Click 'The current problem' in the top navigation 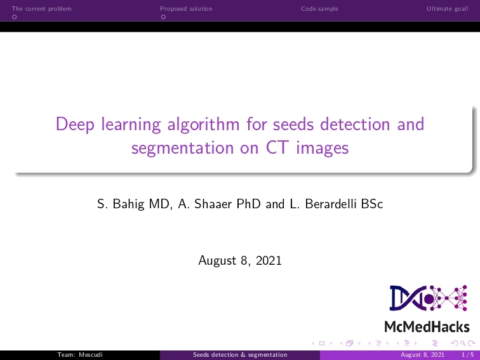[42, 9]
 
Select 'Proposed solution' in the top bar [186, 9]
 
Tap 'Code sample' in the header [319, 9]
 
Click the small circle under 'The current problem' [14, 17]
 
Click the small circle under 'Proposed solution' [163, 17]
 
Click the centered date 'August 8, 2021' [240, 260]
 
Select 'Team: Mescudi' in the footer [80, 355]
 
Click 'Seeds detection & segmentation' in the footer [240, 355]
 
